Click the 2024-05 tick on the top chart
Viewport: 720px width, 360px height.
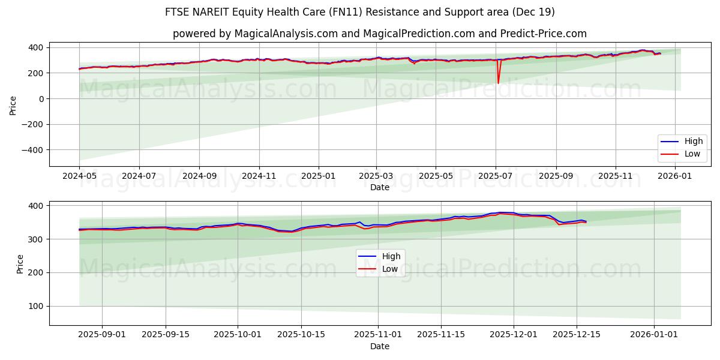(x=79, y=175)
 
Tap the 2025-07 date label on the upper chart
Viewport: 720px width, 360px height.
(x=496, y=175)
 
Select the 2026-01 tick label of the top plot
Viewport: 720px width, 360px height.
(x=676, y=175)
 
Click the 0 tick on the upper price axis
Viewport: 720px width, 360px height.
(x=41, y=98)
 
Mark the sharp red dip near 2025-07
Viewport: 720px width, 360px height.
(x=498, y=83)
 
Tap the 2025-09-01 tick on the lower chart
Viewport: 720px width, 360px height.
(x=102, y=334)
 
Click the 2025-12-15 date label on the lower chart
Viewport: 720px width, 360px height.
(x=577, y=334)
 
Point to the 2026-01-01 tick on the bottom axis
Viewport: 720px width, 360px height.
(x=653, y=334)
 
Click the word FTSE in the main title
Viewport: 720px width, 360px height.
(x=178, y=12)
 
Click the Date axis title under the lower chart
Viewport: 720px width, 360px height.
(x=379, y=346)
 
